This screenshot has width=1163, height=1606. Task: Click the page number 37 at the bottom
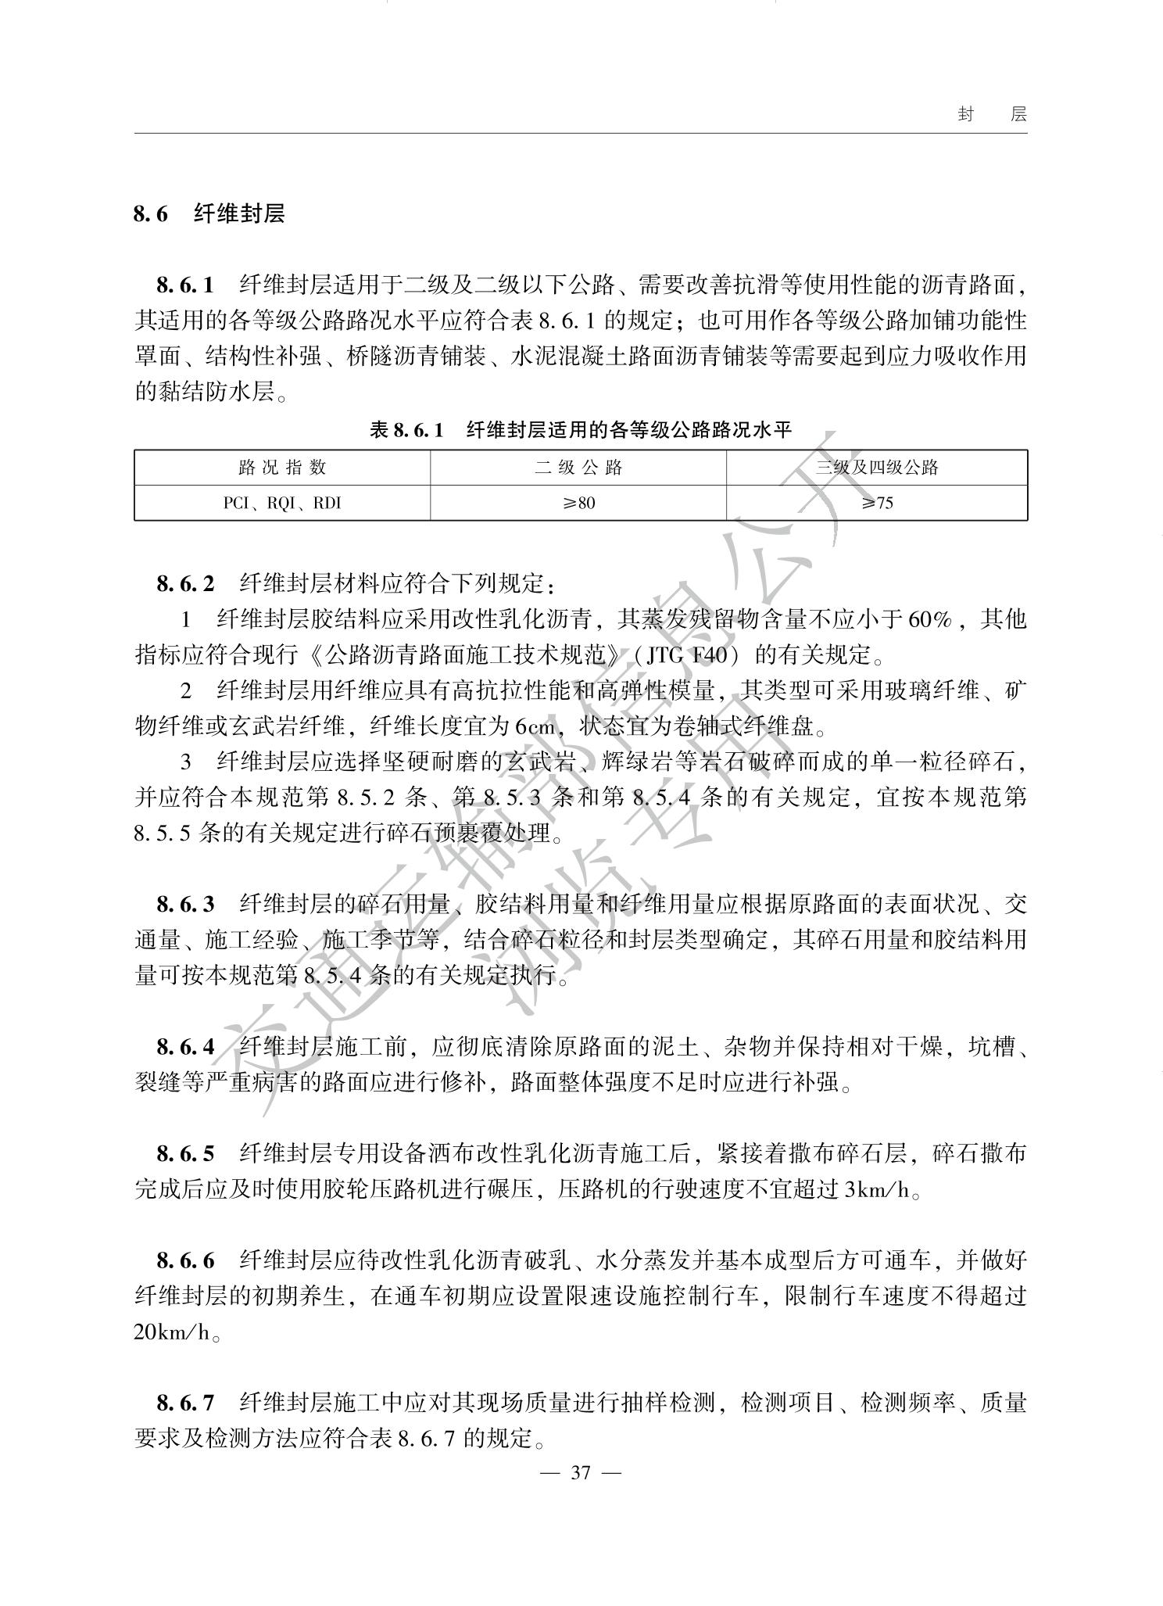point(580,1473)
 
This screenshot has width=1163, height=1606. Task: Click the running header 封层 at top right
point(992,115)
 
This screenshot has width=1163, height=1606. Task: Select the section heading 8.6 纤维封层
point(209,213)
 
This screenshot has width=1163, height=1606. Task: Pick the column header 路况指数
point(282,468)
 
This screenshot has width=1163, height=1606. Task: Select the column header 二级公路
point(578,468)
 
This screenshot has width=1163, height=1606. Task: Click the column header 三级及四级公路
point(877,468)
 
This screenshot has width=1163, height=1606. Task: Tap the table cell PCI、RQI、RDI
point(282,503)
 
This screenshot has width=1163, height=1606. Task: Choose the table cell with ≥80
point(578,503)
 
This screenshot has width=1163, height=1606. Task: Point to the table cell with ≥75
point(877,503)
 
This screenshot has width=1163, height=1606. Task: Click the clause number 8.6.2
point(185,583)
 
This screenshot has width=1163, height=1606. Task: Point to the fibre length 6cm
point(535,726)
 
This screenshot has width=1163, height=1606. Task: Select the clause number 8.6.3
point(185,905)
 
